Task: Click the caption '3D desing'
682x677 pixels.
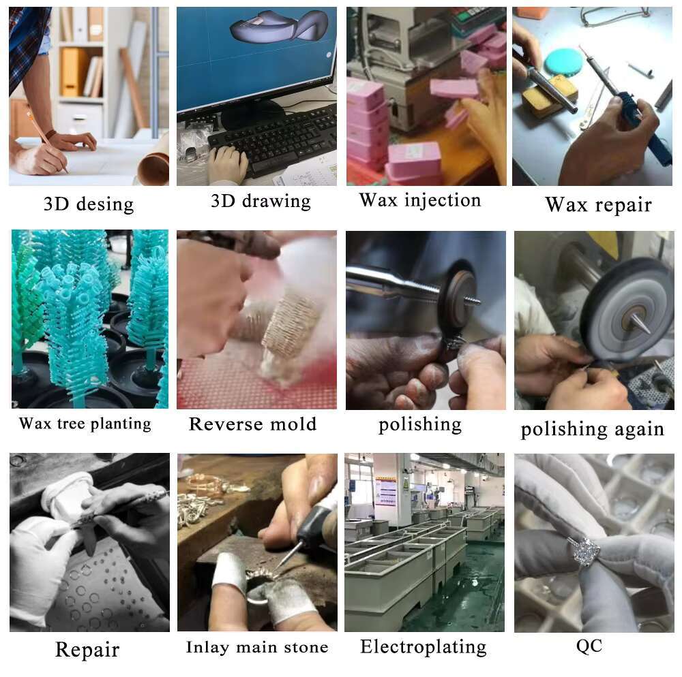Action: tap(89, 204)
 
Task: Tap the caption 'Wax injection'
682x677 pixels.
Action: tap(420, 201)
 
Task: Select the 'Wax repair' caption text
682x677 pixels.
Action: tap(599, 204)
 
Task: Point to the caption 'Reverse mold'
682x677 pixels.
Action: tap(253, 424)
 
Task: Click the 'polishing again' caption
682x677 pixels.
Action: tap(593, 430)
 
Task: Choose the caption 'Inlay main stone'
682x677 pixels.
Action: tap(257, 647)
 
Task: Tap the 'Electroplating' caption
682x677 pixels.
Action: tap(424, 646)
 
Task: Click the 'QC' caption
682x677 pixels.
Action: tap(589, 646)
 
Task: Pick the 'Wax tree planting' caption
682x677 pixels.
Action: tap(85, 424)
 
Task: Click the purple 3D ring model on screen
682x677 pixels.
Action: tap(278, 25)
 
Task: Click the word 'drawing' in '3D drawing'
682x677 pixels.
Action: tap(276, 201)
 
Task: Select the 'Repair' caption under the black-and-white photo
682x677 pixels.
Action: tap(87, 650)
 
